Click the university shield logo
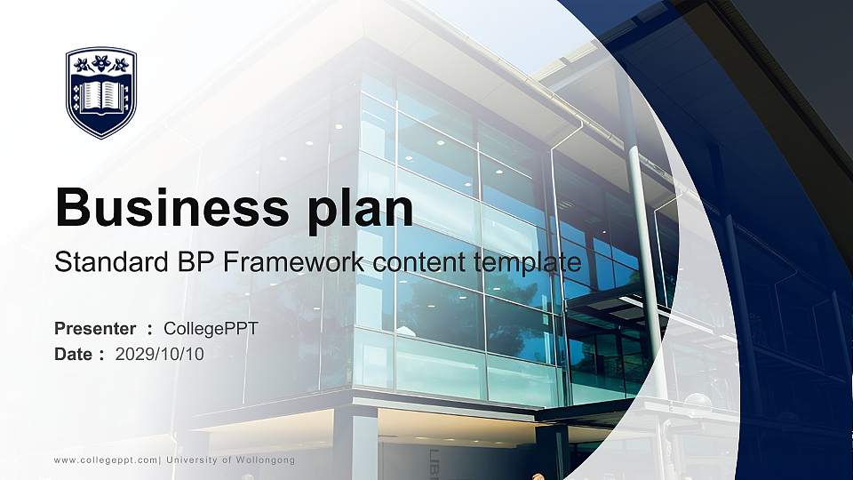pyautogui.click(x=101, y=92)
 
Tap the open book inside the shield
pyautogui.click(x=101, y=95)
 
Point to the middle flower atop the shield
pyautogui.click(x=101, y=64)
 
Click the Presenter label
pyautogui.click(x=95, y=329)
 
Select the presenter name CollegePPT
pyautogui.click(x=211, y=329)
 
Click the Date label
pyautogui.click(x=74, y=355)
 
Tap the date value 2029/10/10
pyautogui.click(x=160, y=355)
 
